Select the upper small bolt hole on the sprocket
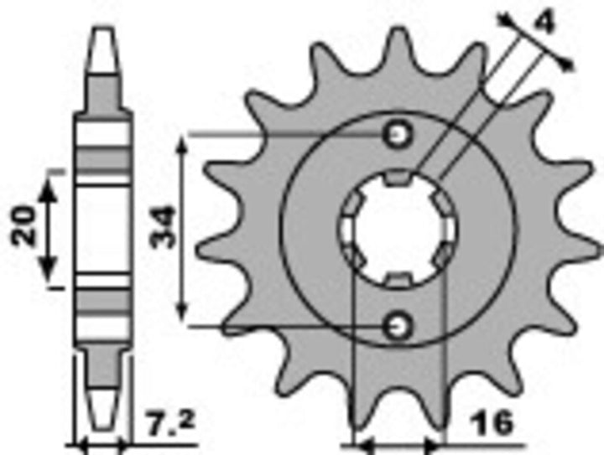398,134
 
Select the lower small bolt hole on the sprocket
398,323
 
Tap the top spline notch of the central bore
398,178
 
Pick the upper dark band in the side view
103,159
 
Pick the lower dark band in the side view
103,299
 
